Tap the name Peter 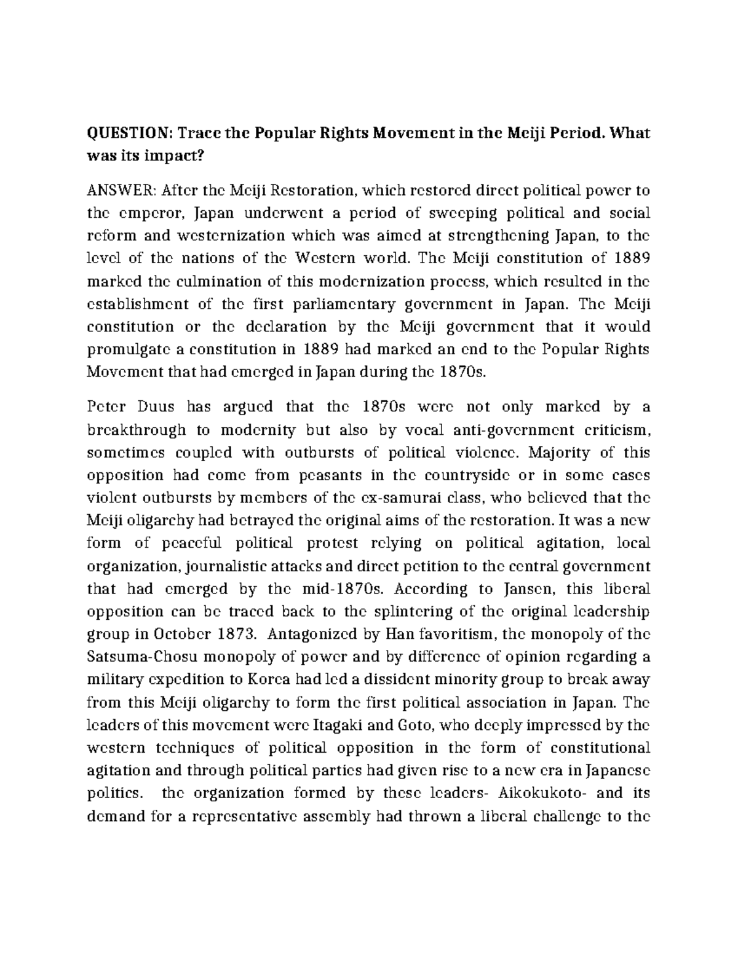click(x=106, y=406)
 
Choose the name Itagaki click(x=342, y=725)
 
